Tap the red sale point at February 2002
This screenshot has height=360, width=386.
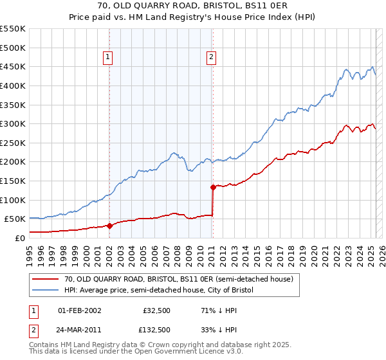click(109, 226)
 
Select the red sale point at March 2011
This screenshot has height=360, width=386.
click(213, 188)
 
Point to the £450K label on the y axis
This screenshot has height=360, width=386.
click(13, 66)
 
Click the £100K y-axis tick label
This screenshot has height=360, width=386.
click(13, 200)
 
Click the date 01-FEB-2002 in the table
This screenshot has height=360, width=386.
click(80, 310)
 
